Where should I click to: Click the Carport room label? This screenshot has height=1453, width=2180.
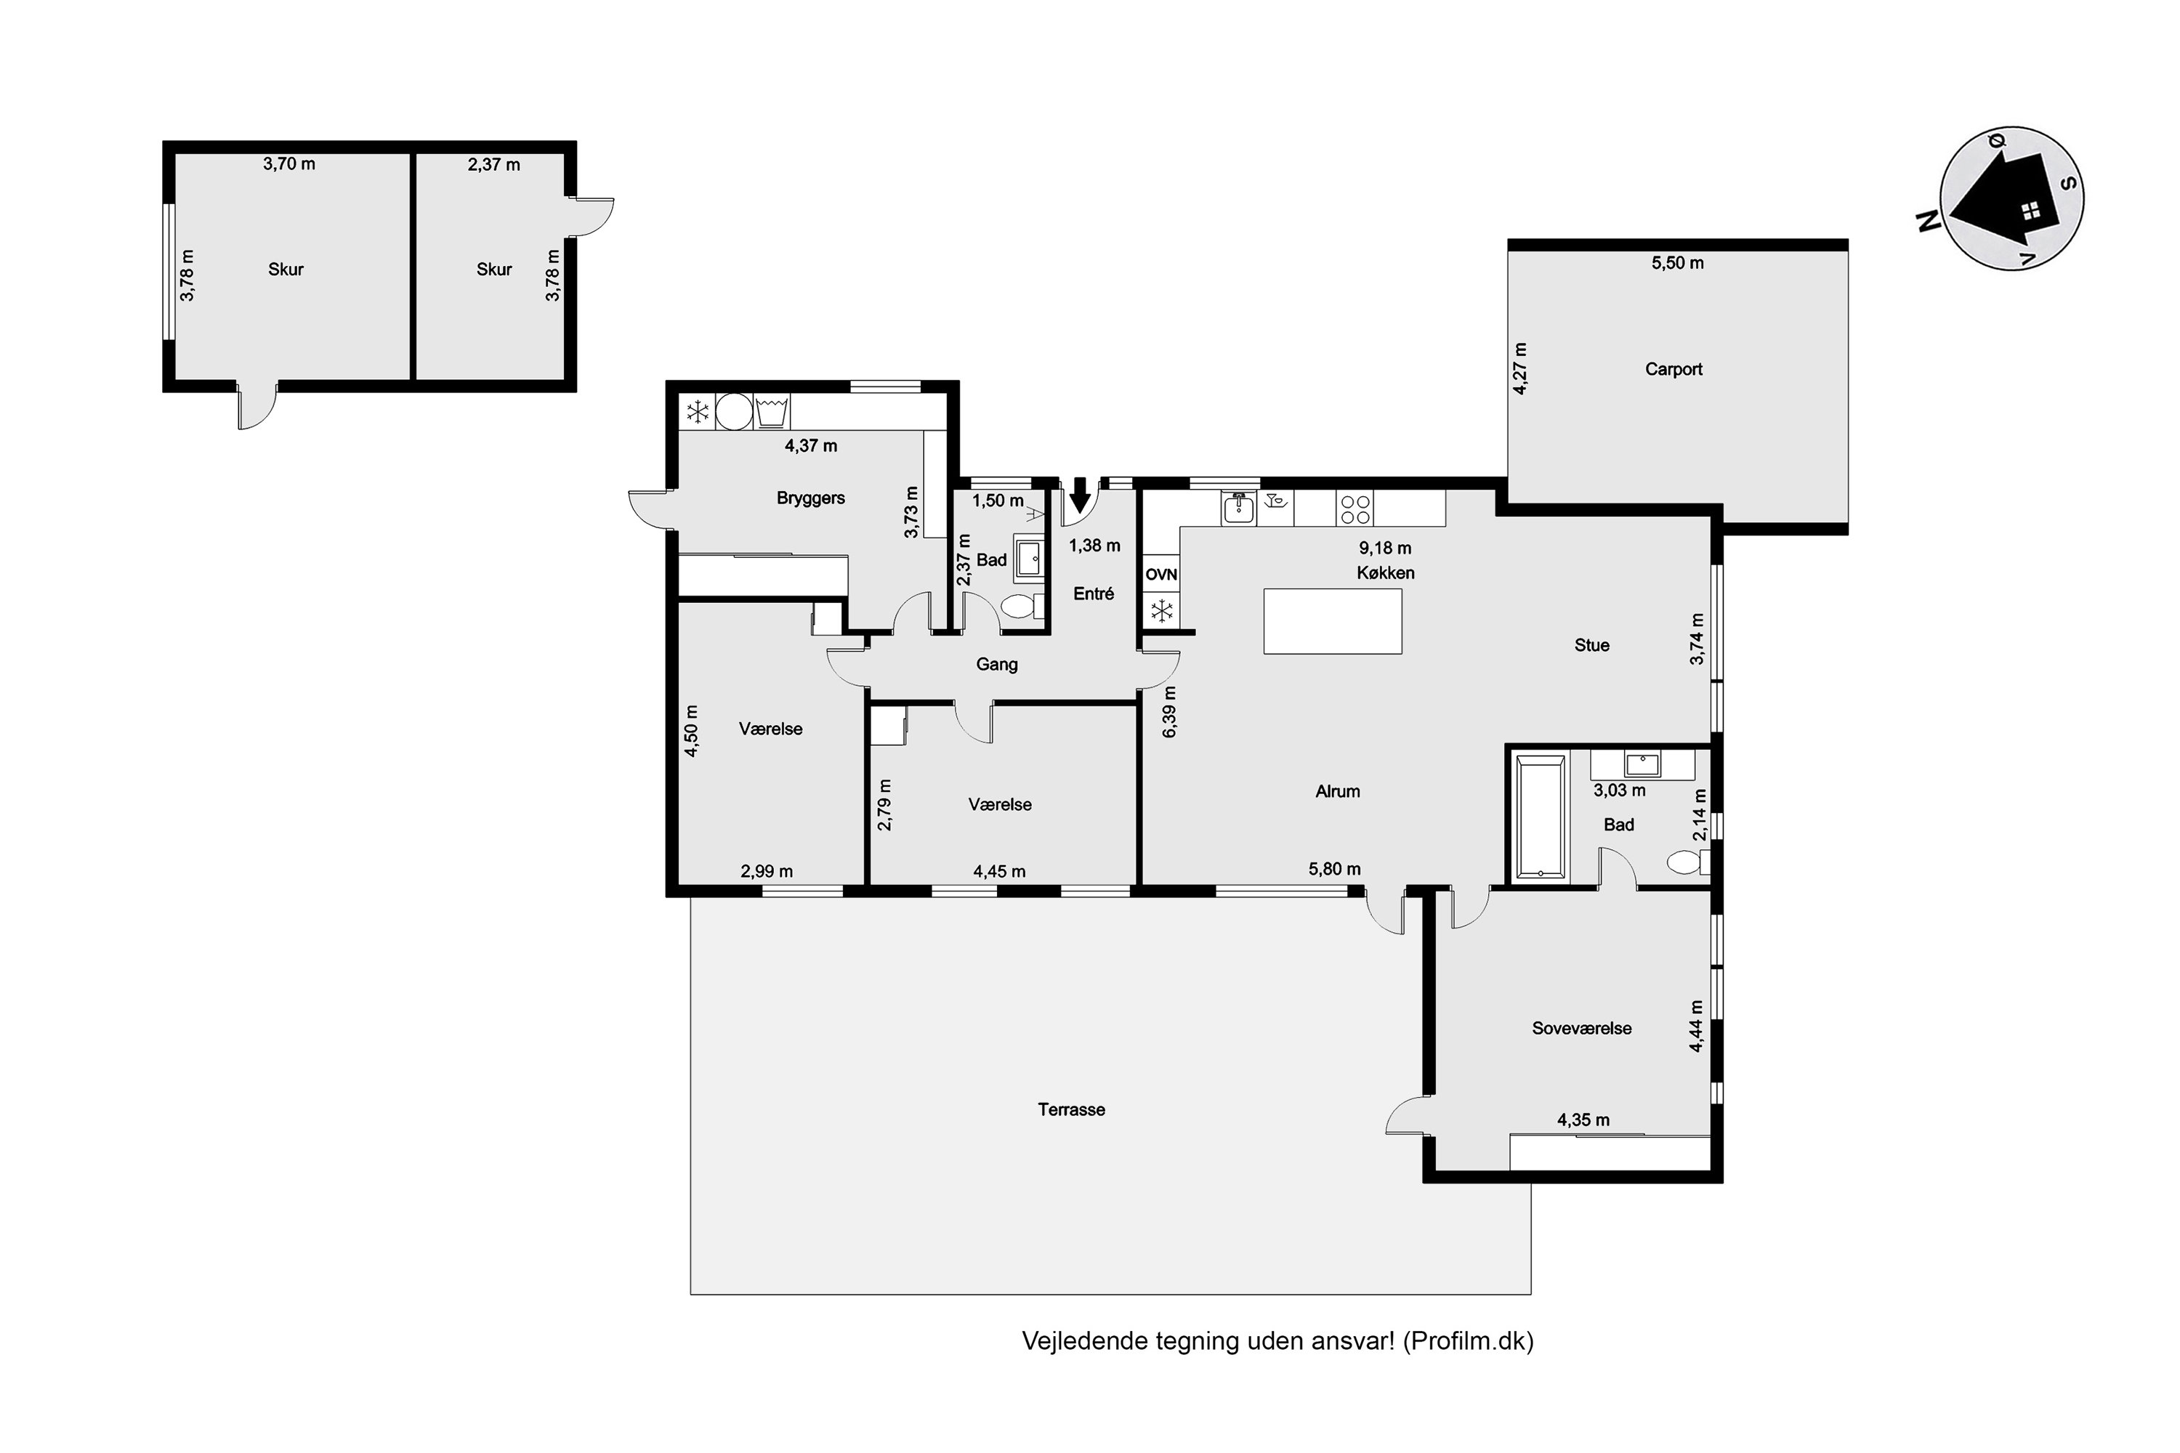coord(1673,369)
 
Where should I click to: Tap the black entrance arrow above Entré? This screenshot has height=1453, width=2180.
coord(1080,495)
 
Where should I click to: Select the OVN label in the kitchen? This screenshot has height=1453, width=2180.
coord(1161,575)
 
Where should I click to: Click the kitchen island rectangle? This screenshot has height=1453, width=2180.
coord(1333,621)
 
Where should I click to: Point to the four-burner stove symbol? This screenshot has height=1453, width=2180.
coord(1355,509)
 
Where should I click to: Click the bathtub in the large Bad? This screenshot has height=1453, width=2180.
coord(1541,817)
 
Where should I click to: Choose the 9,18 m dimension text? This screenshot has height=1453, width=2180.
coord(1386,548)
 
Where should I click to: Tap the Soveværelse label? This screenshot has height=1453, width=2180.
coord(1581,1028)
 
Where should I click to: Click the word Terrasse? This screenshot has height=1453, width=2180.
coord(1071,1109)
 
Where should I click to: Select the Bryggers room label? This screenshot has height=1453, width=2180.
coord(811,498)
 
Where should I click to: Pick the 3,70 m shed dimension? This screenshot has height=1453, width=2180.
coord(289,164)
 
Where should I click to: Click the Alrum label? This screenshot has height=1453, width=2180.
coord(1338,791)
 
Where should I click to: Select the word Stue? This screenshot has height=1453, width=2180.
coord(1591,645)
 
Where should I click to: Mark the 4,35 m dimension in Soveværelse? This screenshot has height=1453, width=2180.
coord(1583,1120)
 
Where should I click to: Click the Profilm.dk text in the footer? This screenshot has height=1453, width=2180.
coord(1468,1341)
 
